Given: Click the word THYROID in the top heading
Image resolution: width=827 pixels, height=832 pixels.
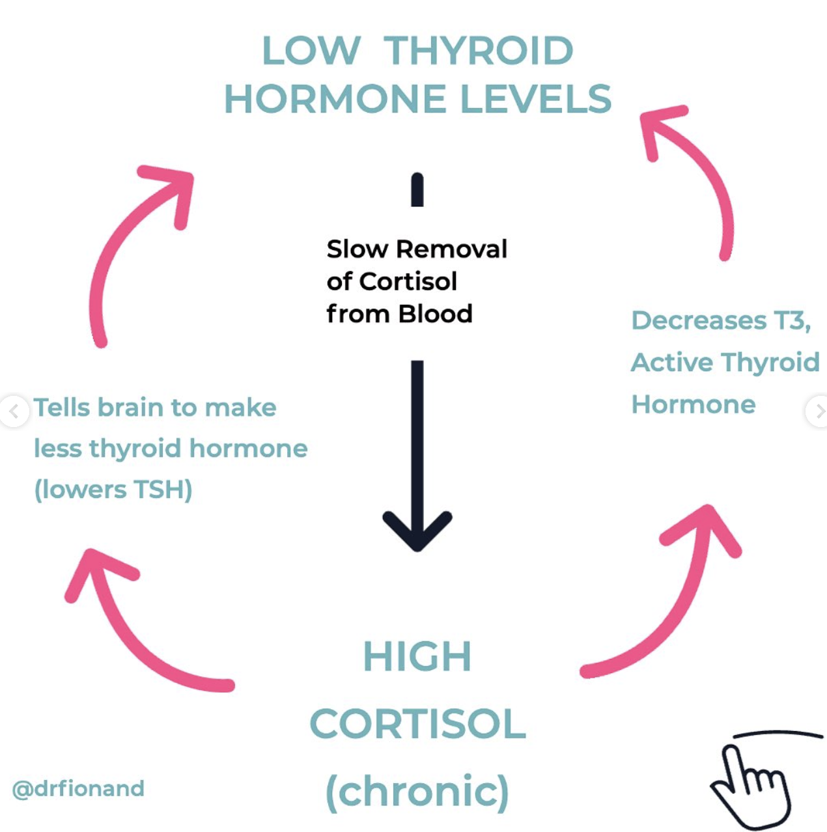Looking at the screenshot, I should point(478,51).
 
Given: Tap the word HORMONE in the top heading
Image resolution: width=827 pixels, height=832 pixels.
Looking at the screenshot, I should point(335,99).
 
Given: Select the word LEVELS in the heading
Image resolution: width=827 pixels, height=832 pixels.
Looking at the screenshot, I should point(536,99).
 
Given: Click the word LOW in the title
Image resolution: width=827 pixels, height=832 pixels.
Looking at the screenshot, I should point(311,51).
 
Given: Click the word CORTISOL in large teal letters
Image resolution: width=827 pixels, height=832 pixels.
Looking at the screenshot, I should point(417,724).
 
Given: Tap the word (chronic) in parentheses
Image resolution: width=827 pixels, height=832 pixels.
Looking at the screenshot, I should point(417,792).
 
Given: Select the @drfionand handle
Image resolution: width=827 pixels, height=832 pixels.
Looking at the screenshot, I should point(78,788).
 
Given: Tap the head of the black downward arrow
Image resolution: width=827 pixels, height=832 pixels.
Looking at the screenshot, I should point(417,531).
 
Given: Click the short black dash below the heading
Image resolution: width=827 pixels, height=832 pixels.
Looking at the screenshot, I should point(417,189).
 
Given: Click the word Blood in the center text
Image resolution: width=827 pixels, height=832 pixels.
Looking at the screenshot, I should point(435,314).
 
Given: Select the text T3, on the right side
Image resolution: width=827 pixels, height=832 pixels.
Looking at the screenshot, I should point(792,320).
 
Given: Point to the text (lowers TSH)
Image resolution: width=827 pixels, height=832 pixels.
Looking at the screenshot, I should point(113,490).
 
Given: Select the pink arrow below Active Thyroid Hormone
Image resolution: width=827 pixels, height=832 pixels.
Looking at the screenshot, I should point(671,599).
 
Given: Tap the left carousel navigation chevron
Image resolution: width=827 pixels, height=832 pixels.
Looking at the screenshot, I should point(13,411).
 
